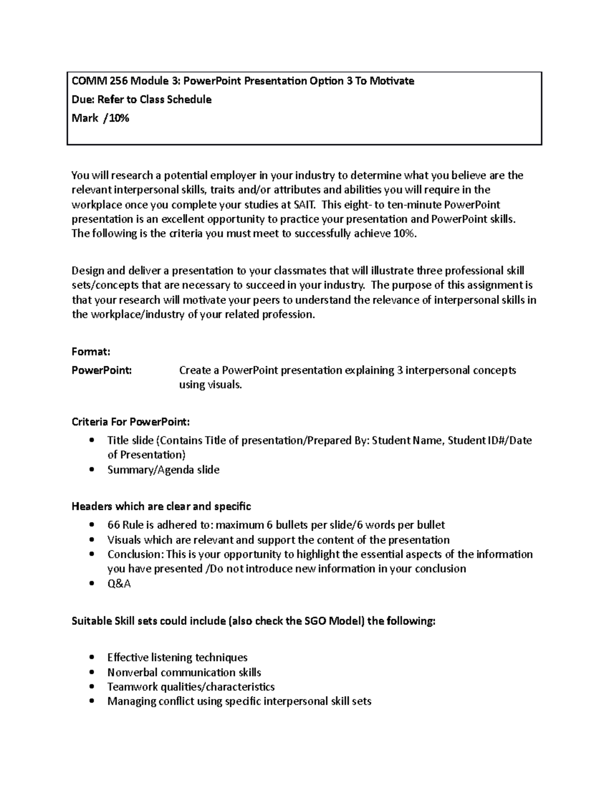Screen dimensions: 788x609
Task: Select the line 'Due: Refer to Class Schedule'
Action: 141,99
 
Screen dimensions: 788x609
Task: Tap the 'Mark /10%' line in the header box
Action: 100,118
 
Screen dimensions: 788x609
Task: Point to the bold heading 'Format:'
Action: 91,352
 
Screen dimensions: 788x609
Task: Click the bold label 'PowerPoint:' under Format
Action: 101,370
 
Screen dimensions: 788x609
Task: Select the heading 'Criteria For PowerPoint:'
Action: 131,422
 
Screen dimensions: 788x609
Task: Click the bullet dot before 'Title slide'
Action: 91,440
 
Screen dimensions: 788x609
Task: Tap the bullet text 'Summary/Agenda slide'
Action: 163,470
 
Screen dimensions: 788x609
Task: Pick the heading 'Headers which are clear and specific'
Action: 161,506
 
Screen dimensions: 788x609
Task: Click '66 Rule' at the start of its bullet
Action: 126,525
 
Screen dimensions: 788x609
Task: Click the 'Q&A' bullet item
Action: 119,584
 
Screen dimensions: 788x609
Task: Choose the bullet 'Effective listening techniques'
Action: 177,658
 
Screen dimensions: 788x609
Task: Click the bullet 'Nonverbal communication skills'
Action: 184,672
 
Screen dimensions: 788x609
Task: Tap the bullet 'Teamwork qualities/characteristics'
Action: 191,687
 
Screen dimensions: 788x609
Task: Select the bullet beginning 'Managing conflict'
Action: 239,702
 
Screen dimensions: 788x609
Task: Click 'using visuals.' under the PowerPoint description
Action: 211,385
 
